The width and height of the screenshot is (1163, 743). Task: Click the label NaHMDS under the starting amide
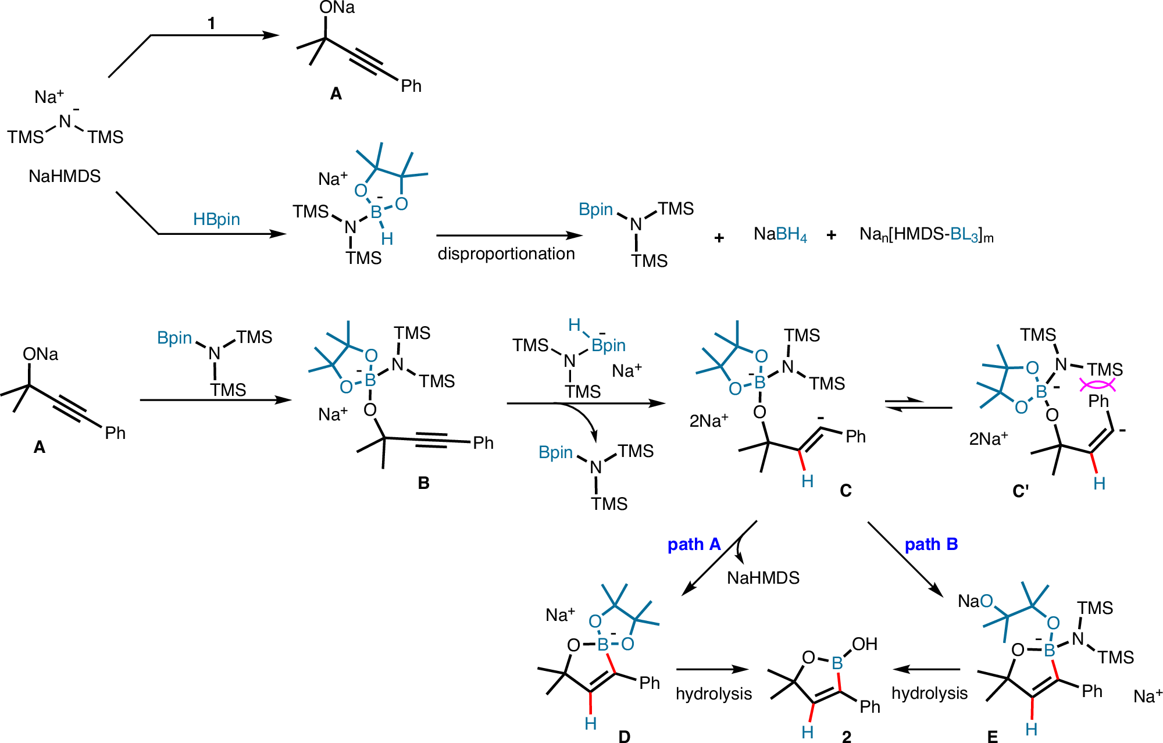(65, 176)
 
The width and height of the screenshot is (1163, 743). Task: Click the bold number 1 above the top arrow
(211, 24)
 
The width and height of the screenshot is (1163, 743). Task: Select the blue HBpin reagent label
(216, 219)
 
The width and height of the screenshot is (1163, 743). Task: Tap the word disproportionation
(506, 254)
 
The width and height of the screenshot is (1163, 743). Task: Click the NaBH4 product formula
(780, 234)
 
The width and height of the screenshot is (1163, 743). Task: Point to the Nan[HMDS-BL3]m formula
(926, 235)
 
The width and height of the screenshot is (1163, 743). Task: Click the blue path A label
(694, 544)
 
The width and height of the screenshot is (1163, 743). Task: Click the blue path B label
(931, 544)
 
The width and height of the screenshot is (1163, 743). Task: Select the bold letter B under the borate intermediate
(423, 483)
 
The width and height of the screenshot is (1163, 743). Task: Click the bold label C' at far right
(1021, 492)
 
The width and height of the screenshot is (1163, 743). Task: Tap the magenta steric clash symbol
(1097, 384)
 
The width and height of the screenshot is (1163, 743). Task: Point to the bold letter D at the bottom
(624, 736)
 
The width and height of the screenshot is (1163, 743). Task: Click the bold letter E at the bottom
(992, 736)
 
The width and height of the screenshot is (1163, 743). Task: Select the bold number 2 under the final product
(847, 736)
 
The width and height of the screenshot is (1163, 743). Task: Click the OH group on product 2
(864, 644)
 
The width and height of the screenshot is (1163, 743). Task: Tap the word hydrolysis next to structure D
(714, 694)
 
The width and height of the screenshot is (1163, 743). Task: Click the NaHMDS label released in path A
(763, 578)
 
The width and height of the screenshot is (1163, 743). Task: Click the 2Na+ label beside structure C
(708, 420)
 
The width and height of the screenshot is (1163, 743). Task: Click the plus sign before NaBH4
(719, 237)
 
